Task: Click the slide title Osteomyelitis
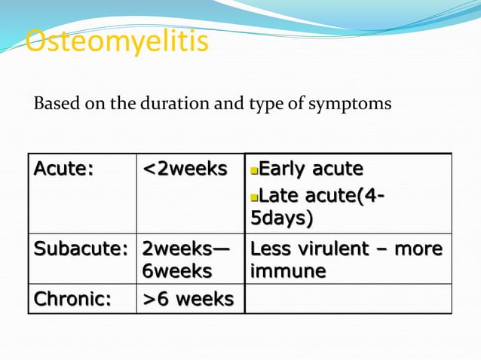click(x=117, y=43)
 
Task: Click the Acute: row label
click(x=63, y=169)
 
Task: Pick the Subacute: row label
click(x=82, y=249)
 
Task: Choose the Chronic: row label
click(x=72, y=299)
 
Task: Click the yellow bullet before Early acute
click(x=254, y=169)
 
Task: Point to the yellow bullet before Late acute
click(x=254, y=198)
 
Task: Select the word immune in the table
click(x=288, y=270)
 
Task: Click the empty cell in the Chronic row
click(x=348, y=299)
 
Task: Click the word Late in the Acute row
click(x=280, y=197)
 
